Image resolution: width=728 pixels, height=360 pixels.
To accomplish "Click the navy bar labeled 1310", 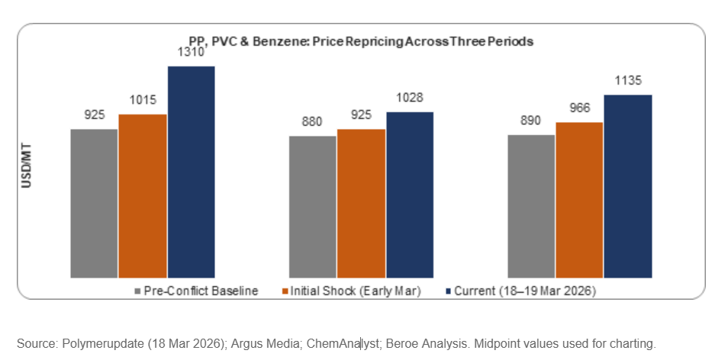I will pos(191,172).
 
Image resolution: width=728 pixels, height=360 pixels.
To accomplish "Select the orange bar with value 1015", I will pos(143,196).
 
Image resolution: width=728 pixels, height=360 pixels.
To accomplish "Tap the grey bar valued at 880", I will pos(312,207).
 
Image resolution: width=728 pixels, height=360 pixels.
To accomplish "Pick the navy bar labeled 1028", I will pos(410,194).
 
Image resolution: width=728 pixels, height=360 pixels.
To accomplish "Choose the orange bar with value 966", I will pos(579,200).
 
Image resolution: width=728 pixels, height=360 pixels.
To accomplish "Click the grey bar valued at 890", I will pos(531,206).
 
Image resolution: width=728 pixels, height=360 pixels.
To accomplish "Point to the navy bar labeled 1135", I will pos(628,186).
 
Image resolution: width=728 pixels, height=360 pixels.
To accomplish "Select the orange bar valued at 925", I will pos(361,204).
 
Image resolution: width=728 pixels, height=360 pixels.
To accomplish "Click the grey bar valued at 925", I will pos(94,203).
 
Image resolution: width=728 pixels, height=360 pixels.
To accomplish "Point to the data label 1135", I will pos(628,82).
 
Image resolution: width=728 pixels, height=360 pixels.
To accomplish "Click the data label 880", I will pos(312,121).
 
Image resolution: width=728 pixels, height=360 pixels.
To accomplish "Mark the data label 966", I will pos(579,109).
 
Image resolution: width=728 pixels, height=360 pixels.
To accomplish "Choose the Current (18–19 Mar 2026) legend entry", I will pos(518,291).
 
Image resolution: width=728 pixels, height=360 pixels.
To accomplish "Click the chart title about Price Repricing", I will pos(361,41).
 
